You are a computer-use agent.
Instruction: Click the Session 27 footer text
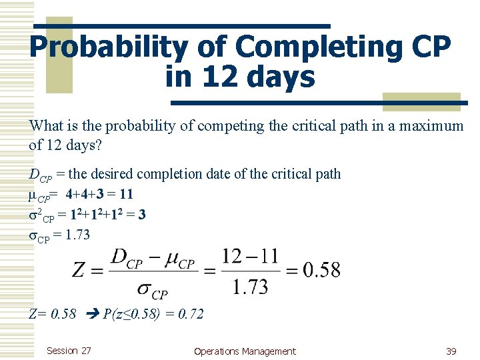coord(69,351)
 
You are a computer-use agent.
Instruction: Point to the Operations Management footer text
coord(244,351)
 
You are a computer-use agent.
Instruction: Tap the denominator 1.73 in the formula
coord(251,287)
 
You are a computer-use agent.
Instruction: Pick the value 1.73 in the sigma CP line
coord(74,235)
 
